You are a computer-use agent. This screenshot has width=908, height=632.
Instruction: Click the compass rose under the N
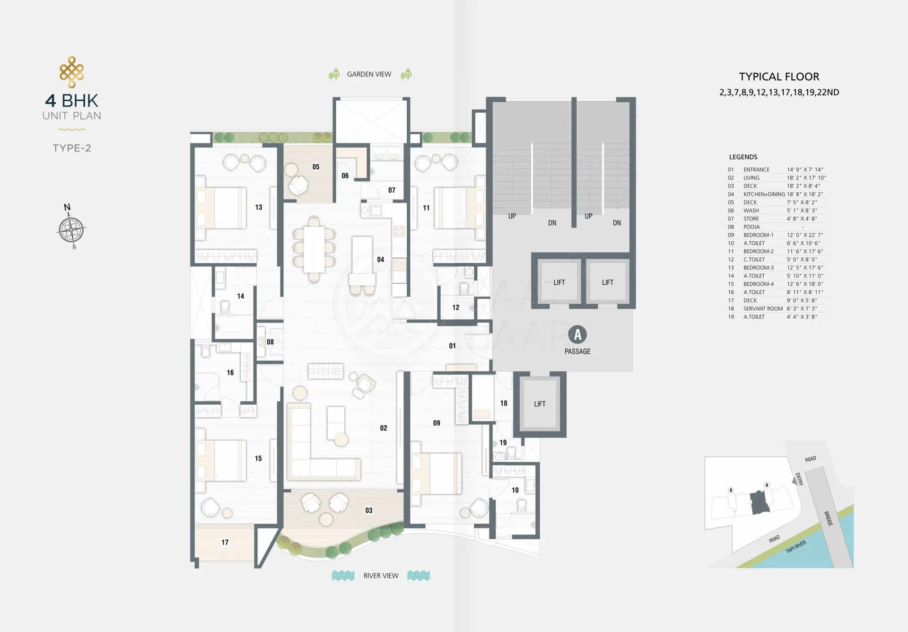72,230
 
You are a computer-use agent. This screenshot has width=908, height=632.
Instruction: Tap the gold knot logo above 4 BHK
72,72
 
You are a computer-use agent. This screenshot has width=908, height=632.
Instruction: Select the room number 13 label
259,207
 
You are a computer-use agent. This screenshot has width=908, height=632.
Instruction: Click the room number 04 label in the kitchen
381,259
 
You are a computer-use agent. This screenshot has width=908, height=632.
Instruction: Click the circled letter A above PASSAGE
577,334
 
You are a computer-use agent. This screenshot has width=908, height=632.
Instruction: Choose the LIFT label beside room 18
540,404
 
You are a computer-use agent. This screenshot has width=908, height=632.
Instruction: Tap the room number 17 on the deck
225,543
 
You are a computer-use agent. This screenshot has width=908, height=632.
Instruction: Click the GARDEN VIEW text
369,74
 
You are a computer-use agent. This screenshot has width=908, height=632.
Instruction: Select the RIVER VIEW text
381,576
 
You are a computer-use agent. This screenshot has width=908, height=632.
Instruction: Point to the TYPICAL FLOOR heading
779,77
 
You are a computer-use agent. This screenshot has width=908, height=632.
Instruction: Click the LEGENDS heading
743,157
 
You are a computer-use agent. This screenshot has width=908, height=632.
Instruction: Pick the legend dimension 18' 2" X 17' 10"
806,178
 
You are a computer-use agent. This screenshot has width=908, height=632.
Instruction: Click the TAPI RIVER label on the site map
796,547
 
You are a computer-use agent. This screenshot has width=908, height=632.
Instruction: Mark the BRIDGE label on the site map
829,518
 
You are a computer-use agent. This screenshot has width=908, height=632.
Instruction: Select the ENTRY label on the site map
799,479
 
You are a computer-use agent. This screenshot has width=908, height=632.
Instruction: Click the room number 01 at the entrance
453,346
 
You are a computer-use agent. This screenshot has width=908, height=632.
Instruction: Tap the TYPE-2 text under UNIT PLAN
72,148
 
